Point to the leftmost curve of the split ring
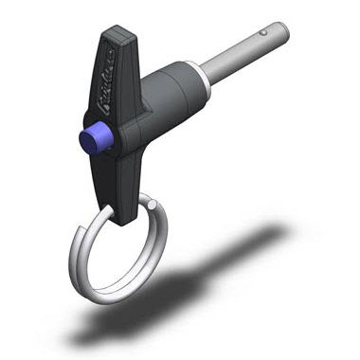[71, 256]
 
